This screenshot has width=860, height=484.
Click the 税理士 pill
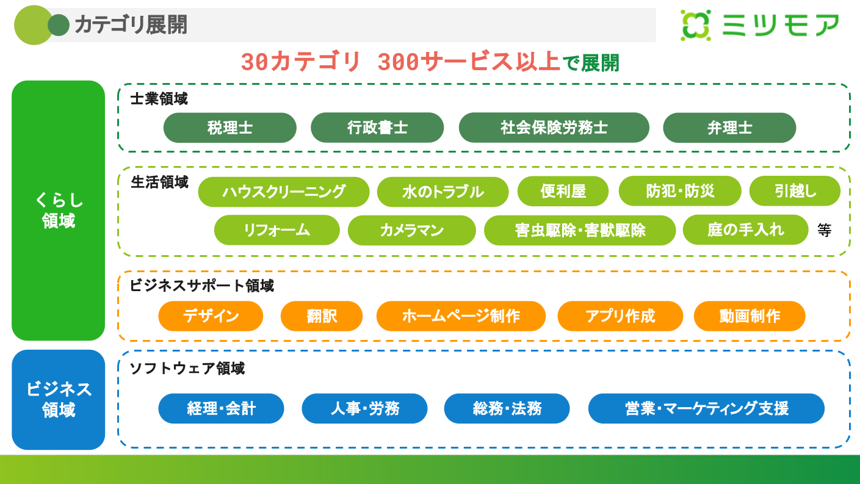[x=229, y=128]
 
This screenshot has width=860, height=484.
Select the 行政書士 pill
[x=377, y=128]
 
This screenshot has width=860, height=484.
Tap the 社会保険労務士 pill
[x=554, y=128]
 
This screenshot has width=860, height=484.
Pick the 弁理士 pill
[x=729, y=128]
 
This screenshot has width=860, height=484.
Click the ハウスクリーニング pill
[x=284, y=192]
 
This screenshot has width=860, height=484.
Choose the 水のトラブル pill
[x=443, y=192]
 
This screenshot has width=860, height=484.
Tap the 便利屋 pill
[x=563, y=192]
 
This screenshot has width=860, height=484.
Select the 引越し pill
[x=795, y=192]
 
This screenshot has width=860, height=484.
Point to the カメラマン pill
[x=411, y=230]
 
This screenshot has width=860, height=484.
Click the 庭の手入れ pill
[x=745, y=229]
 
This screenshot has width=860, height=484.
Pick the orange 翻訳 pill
[x=322, y=316]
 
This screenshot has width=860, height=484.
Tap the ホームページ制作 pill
[x=461, y=316]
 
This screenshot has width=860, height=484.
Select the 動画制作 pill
[x=750, y=316]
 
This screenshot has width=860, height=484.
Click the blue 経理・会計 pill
[x=221, y=408]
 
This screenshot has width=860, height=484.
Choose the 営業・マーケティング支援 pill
[x=706, y=408]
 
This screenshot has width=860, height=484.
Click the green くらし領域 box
[x=59, y=211]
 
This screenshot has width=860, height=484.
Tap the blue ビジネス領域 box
[x=59, y=400]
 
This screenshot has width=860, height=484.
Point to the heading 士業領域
[x=159, y=99]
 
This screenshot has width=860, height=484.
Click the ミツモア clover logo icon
[x=696, y=26]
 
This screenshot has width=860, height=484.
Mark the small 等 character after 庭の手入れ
[x=825, y=230]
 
